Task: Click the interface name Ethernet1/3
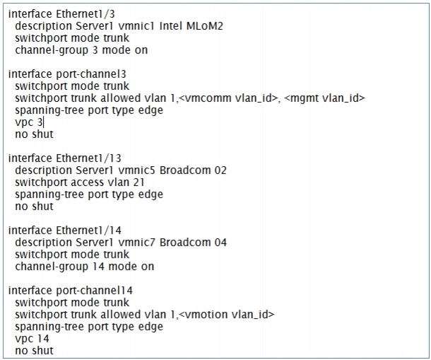tap(85, 13)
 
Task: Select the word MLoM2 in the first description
tap(205, 26)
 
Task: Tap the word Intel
tap(171, 26)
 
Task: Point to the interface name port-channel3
tap(91, 74)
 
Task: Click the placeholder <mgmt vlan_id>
tap(324, 98)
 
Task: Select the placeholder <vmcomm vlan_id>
tap(228, 98)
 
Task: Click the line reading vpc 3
tap(29, 122)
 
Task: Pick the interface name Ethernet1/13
tap(88, 158)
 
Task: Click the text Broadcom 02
tap(193, 170)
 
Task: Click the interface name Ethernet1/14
tap(88, 231)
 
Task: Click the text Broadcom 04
tap(193, 243)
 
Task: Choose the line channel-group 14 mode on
tap(85, 267)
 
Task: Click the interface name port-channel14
tap(94, 291)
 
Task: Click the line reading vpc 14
tap(33, 339)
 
